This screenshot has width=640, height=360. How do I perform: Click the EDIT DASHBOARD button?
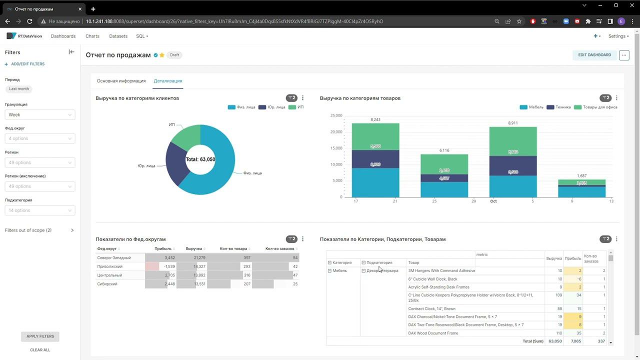[594, 55]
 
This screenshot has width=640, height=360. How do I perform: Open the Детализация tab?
[168, 81]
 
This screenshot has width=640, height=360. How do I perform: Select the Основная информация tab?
[121, 81]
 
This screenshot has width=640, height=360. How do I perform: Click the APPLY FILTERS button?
[40, 336]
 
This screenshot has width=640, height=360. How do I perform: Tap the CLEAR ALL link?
[40, 350]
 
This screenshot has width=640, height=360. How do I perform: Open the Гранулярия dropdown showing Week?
[40, 114]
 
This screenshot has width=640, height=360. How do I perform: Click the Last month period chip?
[19, 89]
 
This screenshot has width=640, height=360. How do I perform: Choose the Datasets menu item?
[118, 36]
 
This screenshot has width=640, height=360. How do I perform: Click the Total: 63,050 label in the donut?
[200, 159]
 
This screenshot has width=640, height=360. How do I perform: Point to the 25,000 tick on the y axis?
[336, 115]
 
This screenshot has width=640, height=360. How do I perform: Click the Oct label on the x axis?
[493, 201]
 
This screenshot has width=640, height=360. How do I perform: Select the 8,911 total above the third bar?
[512, 122]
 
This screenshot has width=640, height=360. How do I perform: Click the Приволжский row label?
[109, 266]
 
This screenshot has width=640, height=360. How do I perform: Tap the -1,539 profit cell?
[169, 266]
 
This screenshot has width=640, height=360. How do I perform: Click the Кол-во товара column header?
[233, 248]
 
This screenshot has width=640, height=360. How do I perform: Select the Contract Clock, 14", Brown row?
[431, 309]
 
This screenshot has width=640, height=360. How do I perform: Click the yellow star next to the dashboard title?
[162, 55]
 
